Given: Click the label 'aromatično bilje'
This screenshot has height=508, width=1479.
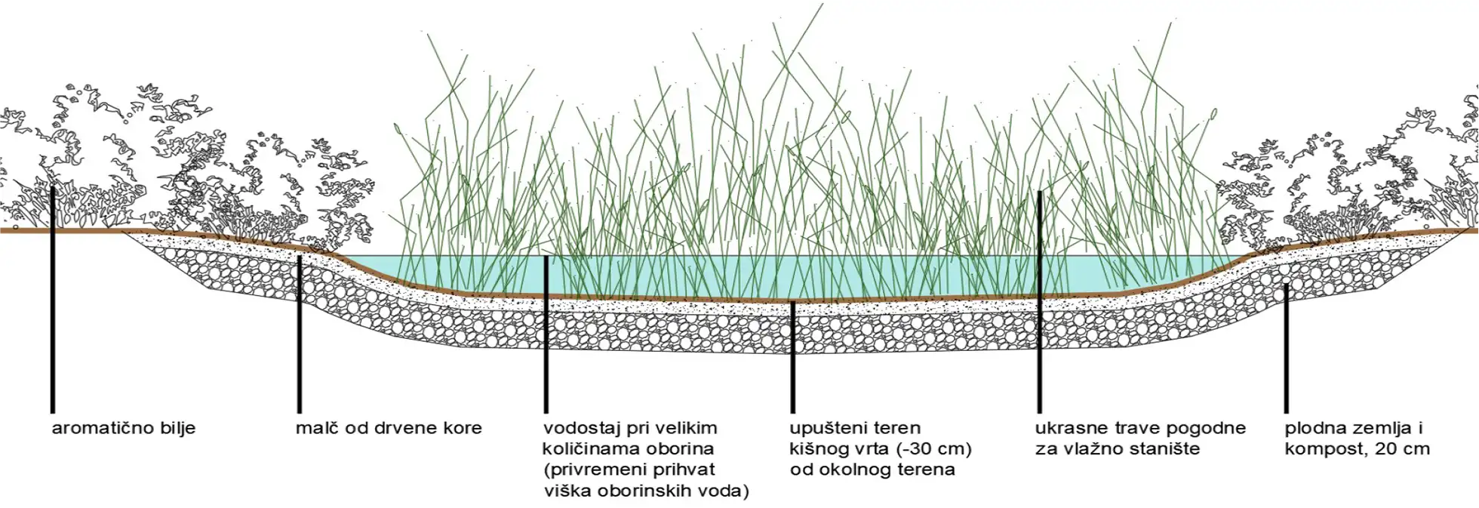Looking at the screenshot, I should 124,428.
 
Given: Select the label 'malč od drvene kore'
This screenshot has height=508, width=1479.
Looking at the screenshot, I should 389,428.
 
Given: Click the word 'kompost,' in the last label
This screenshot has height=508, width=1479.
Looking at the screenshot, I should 1321,448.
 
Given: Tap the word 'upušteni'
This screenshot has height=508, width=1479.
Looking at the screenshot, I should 826,428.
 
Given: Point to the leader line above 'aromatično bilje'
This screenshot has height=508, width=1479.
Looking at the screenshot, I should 53,302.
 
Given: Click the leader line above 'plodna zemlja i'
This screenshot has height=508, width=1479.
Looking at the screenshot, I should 1286,347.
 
